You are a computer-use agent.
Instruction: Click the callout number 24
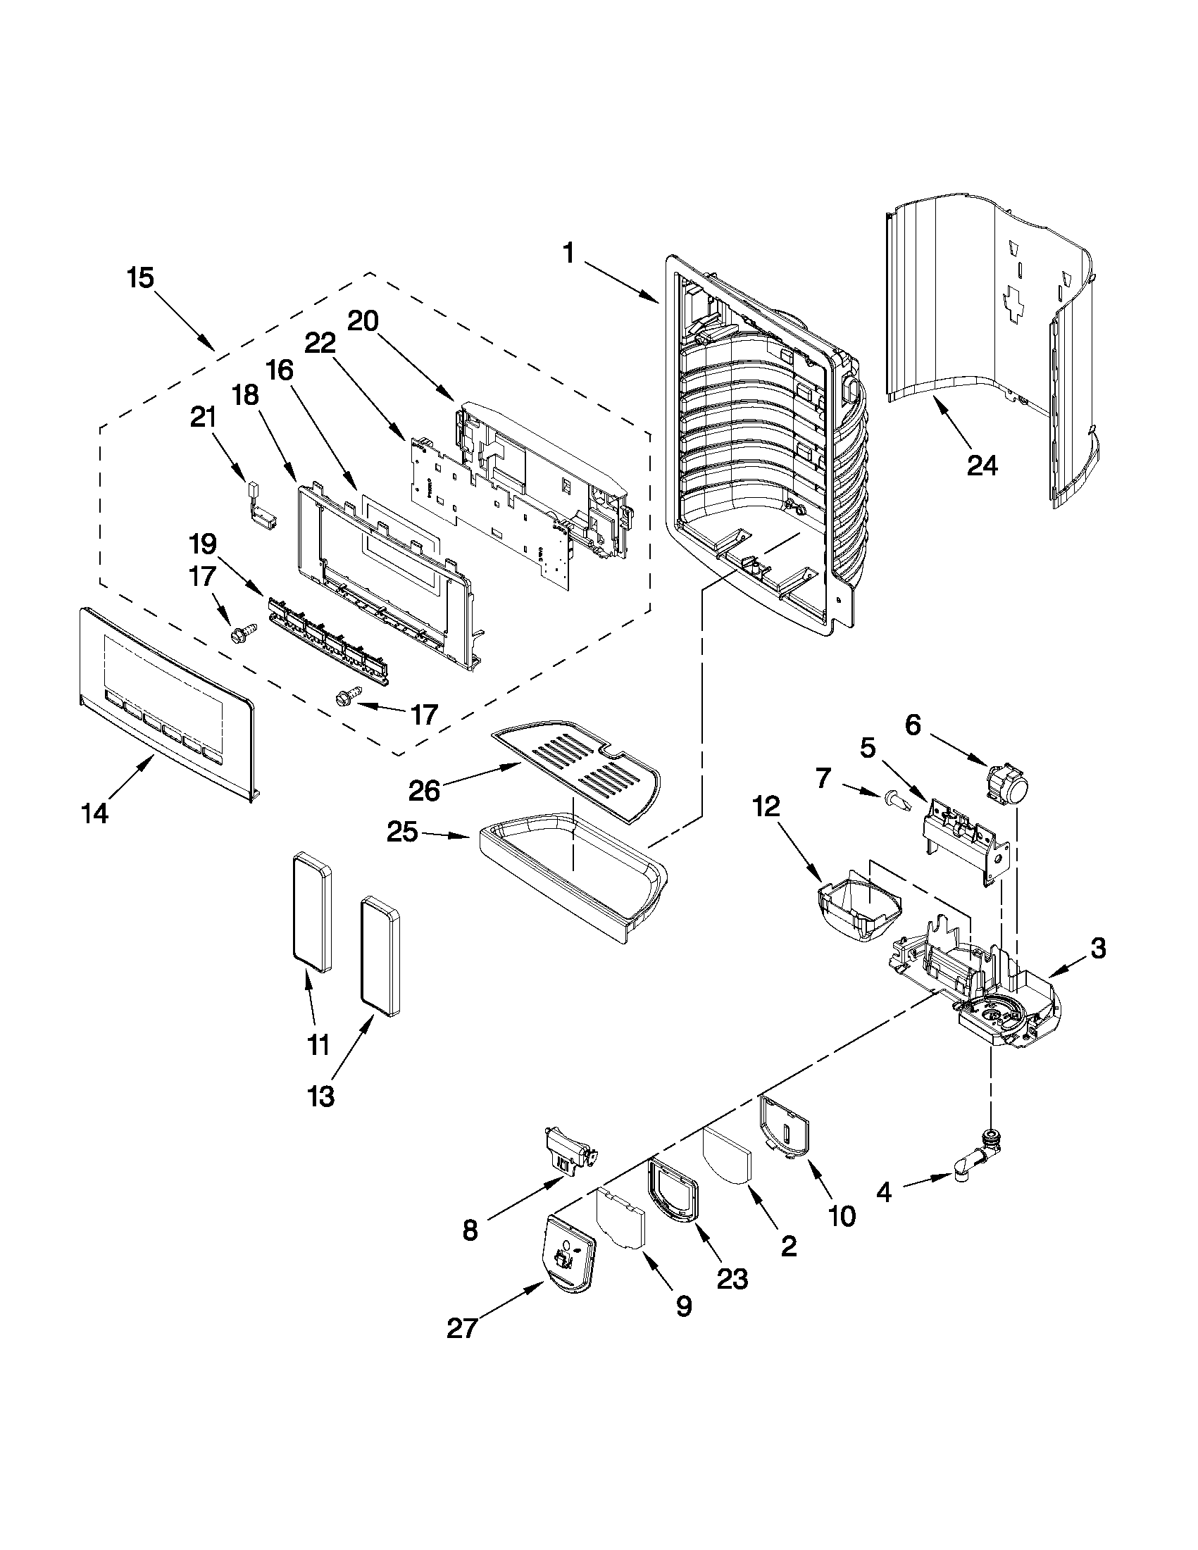click(x=982, y=466)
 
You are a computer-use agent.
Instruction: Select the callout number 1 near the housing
click(x=568, y=253)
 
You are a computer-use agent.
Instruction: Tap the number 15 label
click(x=141, y=277)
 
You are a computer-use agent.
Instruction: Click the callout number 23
click(x=732, y=1278)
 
